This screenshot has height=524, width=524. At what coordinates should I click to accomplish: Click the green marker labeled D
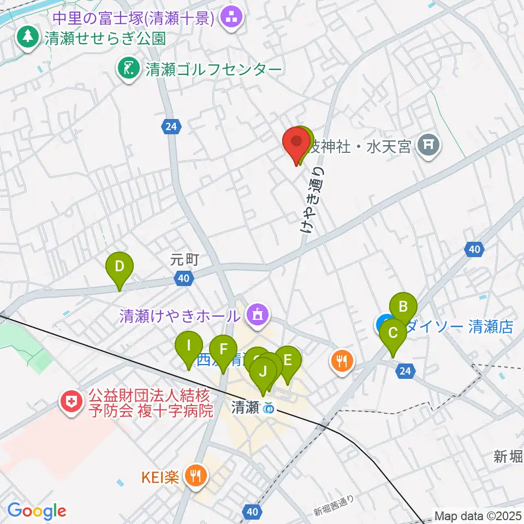click(x=121, y=267)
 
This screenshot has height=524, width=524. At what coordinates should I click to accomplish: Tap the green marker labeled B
click(x=403, y=306)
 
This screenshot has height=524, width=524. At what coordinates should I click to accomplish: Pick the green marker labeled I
click(x=189, y=346)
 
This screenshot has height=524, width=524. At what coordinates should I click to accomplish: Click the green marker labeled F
click(x=223, y=350)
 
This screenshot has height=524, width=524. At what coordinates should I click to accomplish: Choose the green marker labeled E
click(x=288, y=360)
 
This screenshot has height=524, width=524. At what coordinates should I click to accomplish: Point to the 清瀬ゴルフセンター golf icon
click(x=129, y=69)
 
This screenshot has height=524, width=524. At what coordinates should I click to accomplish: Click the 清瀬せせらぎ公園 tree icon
click(x=26, y=37)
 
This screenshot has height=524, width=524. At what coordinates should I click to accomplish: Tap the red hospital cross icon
click(x=72, y=402)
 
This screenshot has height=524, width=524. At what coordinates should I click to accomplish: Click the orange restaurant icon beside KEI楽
click(x=195, y=476)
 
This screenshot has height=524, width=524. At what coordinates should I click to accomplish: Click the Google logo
click(x=37, y=511)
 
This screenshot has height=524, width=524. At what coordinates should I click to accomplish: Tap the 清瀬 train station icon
click(x=269, y=408)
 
